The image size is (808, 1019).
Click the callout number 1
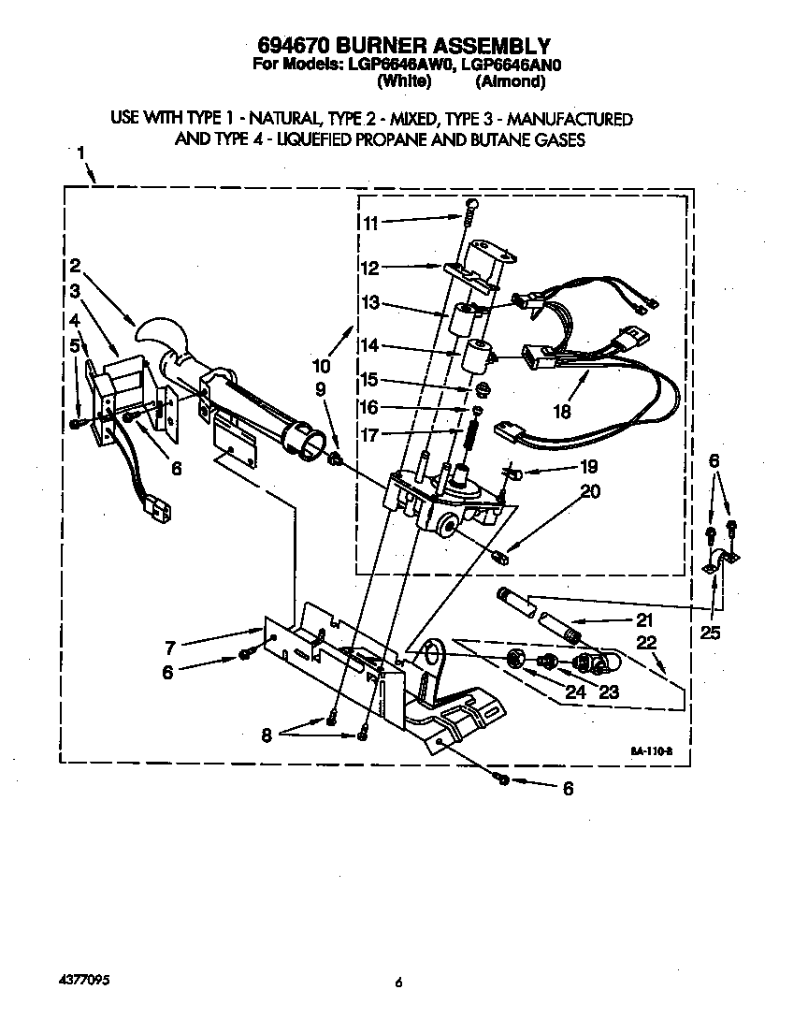tap(81, 153)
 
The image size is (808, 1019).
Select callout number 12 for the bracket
tap(371, 269)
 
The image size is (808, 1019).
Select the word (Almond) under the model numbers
tap(510, 82)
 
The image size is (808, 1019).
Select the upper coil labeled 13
tap(461, 322)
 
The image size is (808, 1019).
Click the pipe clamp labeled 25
tap(720, 561)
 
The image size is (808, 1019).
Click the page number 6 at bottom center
tap(398, 983)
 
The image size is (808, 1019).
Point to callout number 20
tap(591, 490)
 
